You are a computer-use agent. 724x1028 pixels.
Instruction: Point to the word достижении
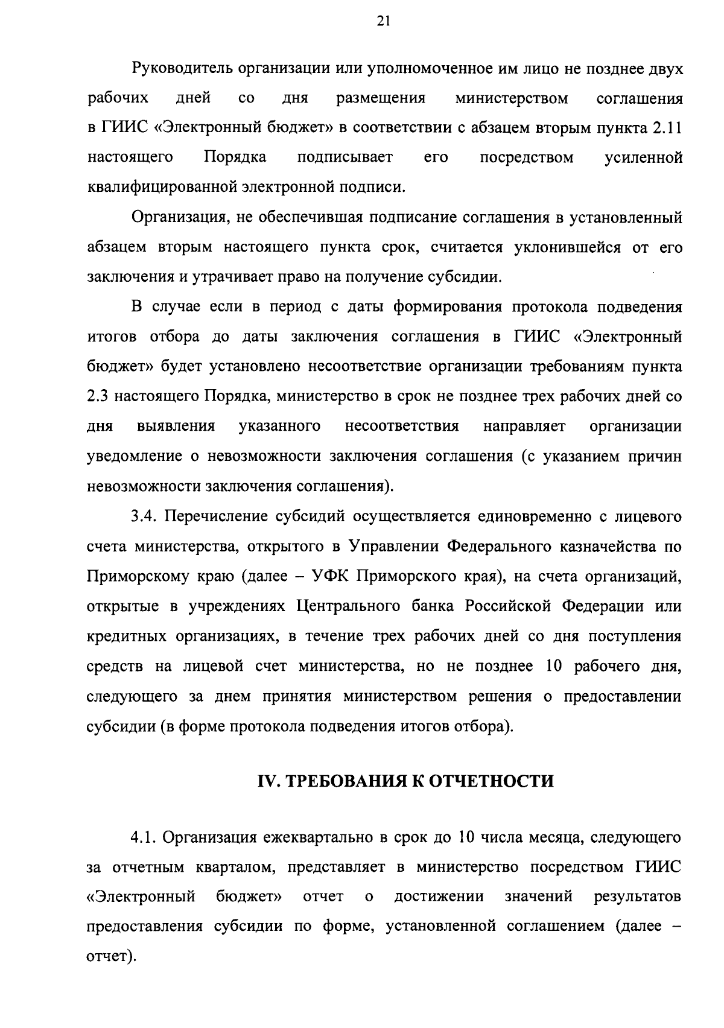coord(439,897)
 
